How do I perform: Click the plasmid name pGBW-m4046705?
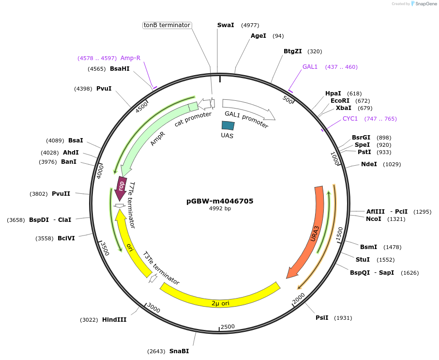coord(220,201)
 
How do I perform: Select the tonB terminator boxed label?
coord(167,25)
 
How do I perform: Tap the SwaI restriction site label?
coord(226,25)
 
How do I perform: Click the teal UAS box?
coord(227,125)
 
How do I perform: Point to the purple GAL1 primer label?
coord(310,67)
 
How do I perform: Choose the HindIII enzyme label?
coord(114,320)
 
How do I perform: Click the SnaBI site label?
coord(179,351)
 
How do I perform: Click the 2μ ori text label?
coord(220,303)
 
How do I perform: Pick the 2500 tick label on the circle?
coord(227,327)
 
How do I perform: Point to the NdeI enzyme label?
coord(369,164)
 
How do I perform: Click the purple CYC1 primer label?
coord(350,119)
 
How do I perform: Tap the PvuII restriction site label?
coord(61,194)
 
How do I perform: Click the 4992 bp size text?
coord(220,208)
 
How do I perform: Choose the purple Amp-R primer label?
coord(130,58)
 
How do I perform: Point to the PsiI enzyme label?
coord(322,318)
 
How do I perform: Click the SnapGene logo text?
coord(424,4)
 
